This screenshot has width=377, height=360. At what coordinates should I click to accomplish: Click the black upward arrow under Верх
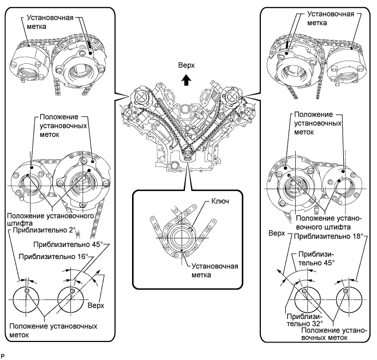click(186, 80)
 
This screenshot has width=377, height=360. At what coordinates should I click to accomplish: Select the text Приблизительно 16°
click(53, 255)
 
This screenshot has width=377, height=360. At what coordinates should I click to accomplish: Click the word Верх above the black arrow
click(186, 65)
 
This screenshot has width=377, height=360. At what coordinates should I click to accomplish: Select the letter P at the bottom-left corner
click(3, 355)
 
